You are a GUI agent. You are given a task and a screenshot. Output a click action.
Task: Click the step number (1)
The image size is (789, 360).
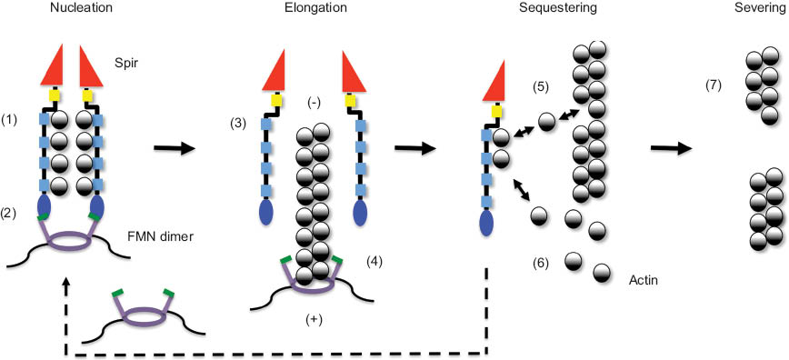point(12,119)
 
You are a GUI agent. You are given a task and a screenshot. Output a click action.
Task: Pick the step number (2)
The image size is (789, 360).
point(12,212)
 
